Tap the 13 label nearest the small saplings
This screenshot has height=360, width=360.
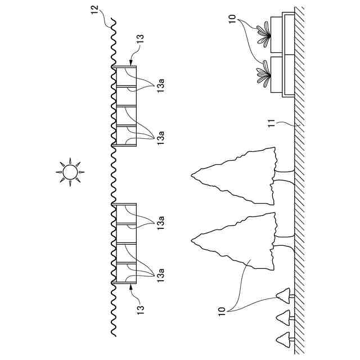[x=141, y=308]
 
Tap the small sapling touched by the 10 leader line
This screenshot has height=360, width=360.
[x=283, y=294]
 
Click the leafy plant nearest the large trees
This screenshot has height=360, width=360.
[x=262, y=74]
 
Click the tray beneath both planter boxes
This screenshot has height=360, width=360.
[x=288, y=53]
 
